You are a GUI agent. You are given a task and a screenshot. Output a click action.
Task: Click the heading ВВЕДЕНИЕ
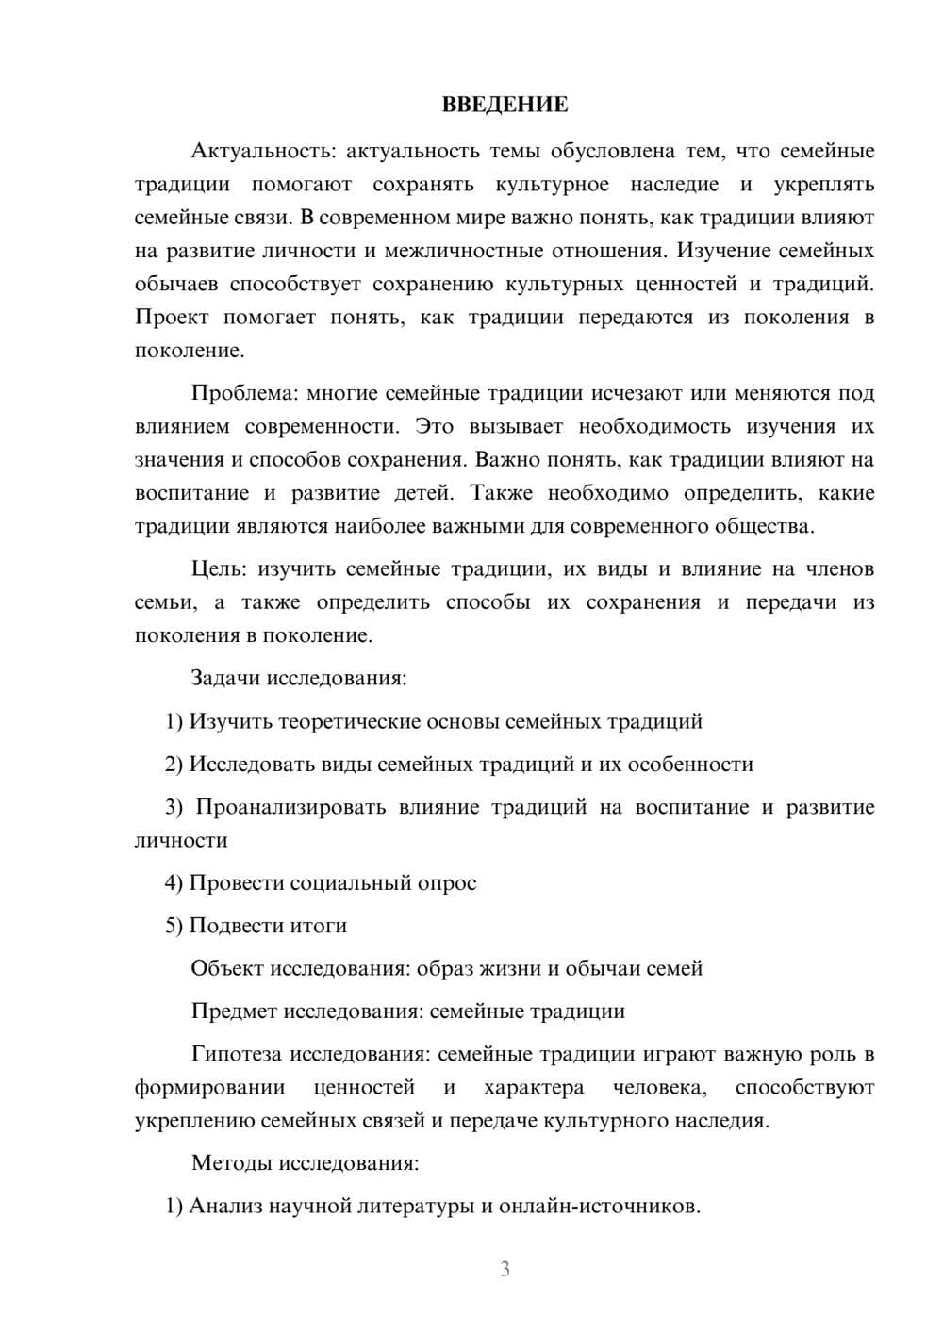tap(505, 105)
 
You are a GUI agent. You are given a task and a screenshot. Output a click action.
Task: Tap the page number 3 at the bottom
tap(505, 1269)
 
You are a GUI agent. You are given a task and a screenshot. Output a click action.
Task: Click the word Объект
tap(227, 968)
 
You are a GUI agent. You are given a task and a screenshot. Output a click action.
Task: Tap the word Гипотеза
tap(236, 1054)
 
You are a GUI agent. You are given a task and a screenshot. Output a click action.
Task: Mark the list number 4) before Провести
tap(174, 883)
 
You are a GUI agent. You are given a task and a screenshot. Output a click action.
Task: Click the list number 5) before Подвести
tap(174, 926)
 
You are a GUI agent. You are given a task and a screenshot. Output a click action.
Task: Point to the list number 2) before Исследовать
tap(174, 764)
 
